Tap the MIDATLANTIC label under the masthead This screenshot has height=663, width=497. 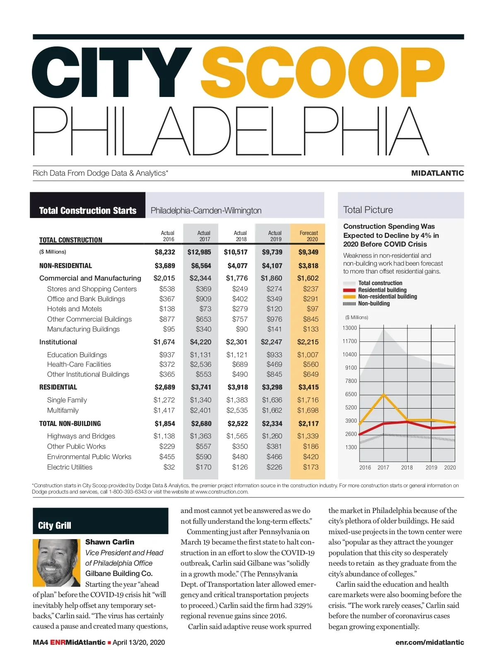(437, 173)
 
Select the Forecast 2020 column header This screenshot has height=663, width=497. (309, 236)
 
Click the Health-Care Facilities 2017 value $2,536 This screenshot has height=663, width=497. (200, 364)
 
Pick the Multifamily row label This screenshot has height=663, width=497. (63, 410)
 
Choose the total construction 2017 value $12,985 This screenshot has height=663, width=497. (199, 252)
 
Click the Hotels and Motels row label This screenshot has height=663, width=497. (75, 309)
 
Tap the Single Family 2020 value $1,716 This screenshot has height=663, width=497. (308, 400)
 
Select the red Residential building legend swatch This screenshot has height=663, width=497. (349, 290)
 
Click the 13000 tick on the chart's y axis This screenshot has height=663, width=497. (350, 328)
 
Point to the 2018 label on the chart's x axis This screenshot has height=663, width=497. (407, 467)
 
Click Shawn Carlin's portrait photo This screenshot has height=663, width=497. (56, 562)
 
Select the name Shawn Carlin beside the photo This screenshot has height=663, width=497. (110, 542)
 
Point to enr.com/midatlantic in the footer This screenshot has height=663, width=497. (429, 642)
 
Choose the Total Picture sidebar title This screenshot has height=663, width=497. (368, 210)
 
